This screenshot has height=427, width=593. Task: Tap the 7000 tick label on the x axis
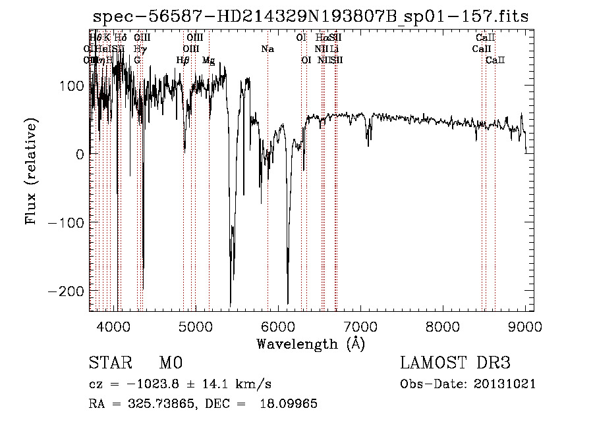360,326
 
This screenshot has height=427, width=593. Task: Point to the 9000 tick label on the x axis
525,326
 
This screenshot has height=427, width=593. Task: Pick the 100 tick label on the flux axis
73,86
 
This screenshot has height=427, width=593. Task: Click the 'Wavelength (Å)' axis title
310,343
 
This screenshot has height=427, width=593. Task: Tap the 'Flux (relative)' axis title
31,170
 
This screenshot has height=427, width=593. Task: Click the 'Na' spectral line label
267,49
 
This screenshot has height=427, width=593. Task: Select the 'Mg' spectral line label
208,61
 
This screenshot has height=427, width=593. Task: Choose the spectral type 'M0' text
170,364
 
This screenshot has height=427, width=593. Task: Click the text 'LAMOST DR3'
455,363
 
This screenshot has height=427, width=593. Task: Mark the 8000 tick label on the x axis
443,326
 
